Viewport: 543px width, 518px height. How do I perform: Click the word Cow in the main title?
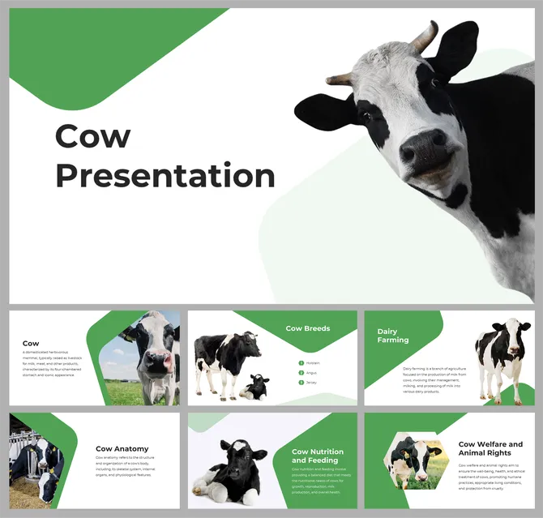pyautogui.click(x=92, y=136)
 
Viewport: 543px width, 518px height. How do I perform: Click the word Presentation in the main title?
pyautogui.click(x=165, y=175)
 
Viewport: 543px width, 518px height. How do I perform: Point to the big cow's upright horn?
pyautogui.click(x=425, y=36)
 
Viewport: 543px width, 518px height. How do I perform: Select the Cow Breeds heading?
pyautogui.click(x=307, y=328)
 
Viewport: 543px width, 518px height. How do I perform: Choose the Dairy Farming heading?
pyautogui.click(x=393, y=336)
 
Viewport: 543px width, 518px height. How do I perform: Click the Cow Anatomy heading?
pyautogui.click(x=121, y=448)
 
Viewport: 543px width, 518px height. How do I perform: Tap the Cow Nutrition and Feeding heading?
pyautogui.click(x=318, y=456)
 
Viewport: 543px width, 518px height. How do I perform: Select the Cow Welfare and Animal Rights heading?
pyautogui.click(x=490, y=448)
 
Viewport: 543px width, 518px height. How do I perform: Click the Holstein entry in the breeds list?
pyautogui.click(x=313, y=363)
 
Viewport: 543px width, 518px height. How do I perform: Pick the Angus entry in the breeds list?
pyautogui.click(x=312, y=373)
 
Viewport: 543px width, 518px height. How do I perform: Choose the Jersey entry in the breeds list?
pyautogui.click(x=312, y=382)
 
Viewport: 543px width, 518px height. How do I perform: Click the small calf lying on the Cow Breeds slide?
pyautogui.click(x=254, y=387)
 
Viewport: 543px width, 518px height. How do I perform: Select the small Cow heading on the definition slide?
pyautogui.click(x=31, y=344)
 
